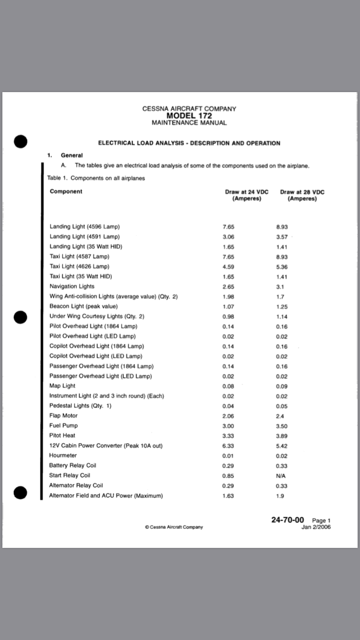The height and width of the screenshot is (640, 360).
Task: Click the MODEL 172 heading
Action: pyautogui.click(x=189, y=116)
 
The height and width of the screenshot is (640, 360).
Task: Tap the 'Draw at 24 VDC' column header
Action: pyautogui.click(x=246, y=192)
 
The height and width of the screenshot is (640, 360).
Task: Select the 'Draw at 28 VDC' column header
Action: pyautogui.click(x=302, y=192)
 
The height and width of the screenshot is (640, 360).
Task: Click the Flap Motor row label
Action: pyautogui.click(x=63, y=415)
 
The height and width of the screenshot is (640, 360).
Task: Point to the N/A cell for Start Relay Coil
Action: pyautogui.click(x=282, y=476)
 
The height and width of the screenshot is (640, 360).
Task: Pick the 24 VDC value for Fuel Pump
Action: pyautogui.click(x=228, y=426)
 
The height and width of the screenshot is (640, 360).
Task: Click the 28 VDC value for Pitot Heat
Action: pyautogui.click(x=282, y=436)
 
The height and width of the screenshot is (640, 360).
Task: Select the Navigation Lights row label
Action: pyautogui.click(x=72, y=286)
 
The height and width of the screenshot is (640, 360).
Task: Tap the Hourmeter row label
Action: pyautogui.click(x=63, y=455)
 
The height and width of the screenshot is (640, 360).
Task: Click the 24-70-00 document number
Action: pyautogui.click(x=288, y=520)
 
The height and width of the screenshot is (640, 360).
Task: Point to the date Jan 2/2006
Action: pyautogui.click(x=316, y=527)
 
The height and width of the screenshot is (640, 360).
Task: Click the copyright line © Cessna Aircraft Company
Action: pyautogui.click(x=174, y=527)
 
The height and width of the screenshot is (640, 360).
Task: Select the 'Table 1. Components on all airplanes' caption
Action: pyautogui.click(x=96, y=178)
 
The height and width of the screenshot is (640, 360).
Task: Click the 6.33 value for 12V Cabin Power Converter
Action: pyautogui.click(x=228, y=446)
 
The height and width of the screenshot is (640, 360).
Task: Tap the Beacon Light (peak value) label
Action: pyautogui.click(x=84, y=306)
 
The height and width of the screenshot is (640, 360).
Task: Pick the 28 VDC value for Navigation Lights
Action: pyautogui.click(x=281, y=286)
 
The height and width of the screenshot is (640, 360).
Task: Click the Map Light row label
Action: pyautogui.click(x=62, y=386)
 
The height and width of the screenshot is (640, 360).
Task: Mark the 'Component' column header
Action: pyautogui.click(x=66, y=191)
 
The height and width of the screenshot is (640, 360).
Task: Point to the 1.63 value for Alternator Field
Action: pyautogui.click(x=228, y=496)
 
